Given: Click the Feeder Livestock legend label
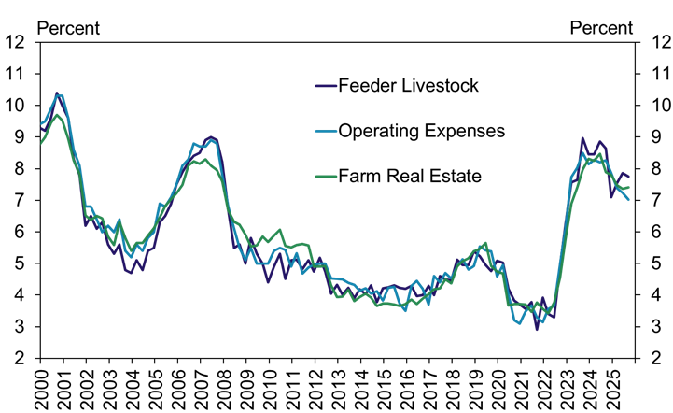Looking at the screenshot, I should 410,87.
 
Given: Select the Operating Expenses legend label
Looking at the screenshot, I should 422,131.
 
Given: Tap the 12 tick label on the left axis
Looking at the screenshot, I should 15,42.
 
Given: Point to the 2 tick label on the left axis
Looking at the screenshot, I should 20,358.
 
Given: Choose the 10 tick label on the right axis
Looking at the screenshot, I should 648,105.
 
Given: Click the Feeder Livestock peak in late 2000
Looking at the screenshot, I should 57,93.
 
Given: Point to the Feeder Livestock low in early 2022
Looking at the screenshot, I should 537,329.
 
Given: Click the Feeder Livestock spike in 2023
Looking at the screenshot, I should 582,138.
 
